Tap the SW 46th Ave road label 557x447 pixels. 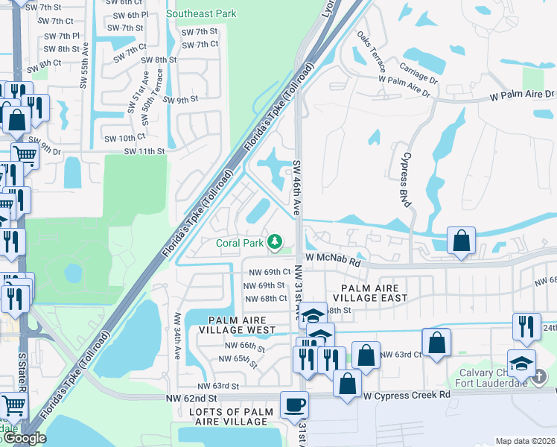(296, 188)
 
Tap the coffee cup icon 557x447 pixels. (293, 405)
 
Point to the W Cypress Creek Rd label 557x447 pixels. (407, 394)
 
